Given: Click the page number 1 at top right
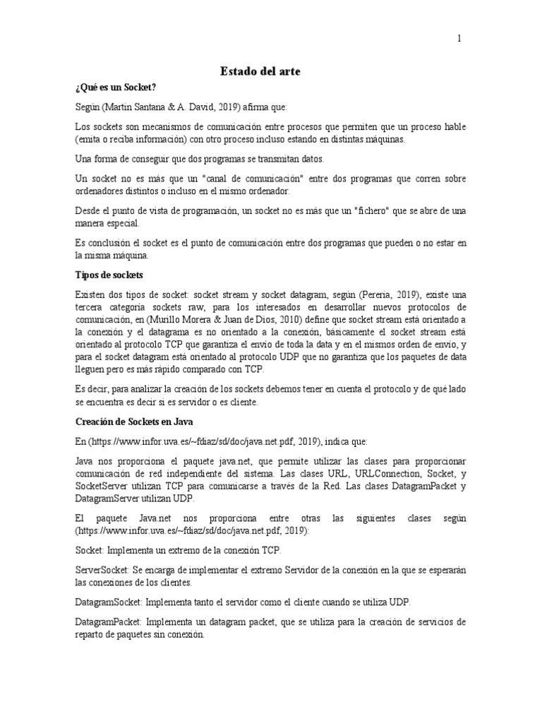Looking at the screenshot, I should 459,40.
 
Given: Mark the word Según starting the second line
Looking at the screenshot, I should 88,107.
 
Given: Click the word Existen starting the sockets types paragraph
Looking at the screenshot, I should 91,293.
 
